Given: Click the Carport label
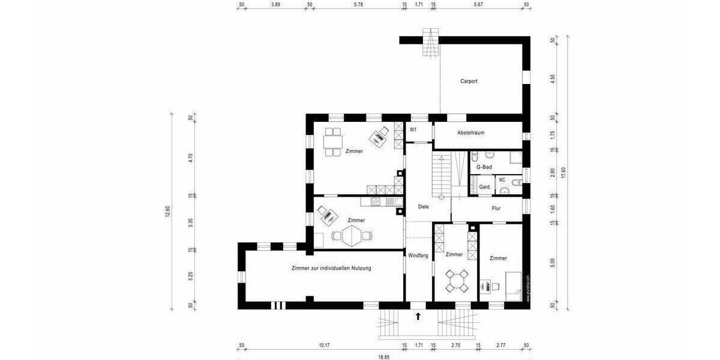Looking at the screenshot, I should pyautogui.click(x=469, y=81).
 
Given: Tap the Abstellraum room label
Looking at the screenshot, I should pyautogui.click(x=470, y=133).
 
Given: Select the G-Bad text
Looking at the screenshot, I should pyautogui.click(x=484, y=167).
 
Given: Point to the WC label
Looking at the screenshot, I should pyautogui.click(x=502, y=179).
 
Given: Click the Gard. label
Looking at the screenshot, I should pyautogui.click(x=485, y=187).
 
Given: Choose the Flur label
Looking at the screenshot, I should pyautogui.click(x=496, y=209).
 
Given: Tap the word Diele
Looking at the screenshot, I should pyautogui.click(x=423, y=206).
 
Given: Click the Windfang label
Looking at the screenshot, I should pyautogui.click(x=418, y=256).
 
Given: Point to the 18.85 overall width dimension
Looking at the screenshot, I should pyautogui.click(x=383, y=357).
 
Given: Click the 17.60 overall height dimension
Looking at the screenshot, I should pyautogui.click(x=562, y=173).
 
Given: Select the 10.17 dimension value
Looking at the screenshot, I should pyautogui.click(x=324, y=345).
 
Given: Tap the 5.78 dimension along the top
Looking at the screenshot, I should pyautogui.click(x=358, y=4).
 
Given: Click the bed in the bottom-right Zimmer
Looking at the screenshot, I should pyautogui.click(x=514, y=286).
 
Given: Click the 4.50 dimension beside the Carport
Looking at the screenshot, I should pyautogui.click(x=552, y=79).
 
